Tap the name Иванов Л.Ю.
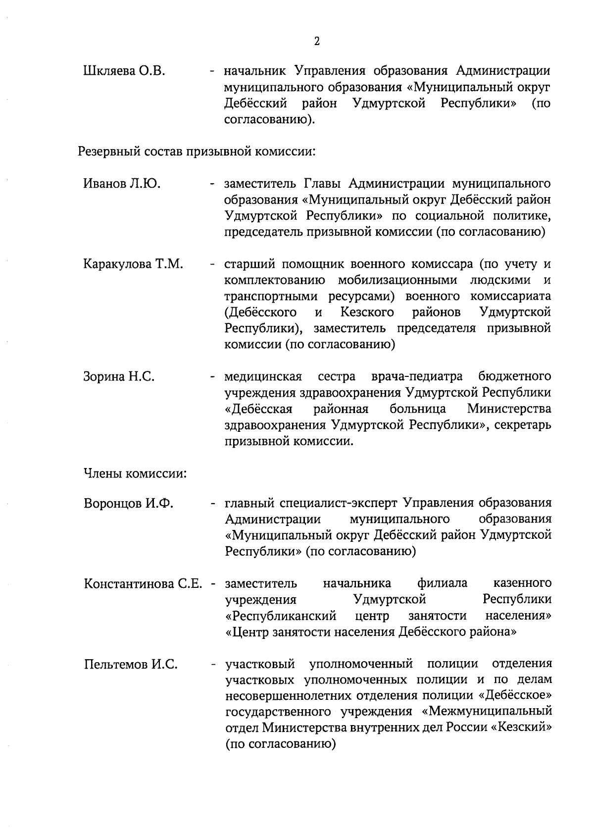(122, 184)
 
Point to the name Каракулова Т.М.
(133, 264)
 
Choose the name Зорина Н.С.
(119, 377)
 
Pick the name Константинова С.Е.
(143, 583)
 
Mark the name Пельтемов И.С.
(131, 664)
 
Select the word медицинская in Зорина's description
(263, 377)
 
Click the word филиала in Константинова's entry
(442, 583)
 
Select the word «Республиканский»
(281, 616)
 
